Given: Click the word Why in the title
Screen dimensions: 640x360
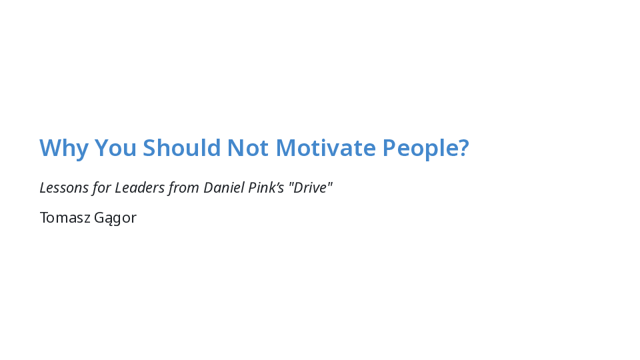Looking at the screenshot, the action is tap(64, 148).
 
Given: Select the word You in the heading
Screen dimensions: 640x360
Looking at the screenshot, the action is tap(115, 147).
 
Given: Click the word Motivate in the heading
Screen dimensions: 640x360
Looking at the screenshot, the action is tap(326, 147).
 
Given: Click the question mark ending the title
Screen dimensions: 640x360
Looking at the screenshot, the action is tap(464, 147).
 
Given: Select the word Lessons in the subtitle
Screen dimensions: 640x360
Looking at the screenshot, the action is tap(64, 188).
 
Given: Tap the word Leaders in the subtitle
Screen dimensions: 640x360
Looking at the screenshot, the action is tap(139, 188).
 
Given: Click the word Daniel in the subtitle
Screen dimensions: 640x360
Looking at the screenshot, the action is tap(224, 187).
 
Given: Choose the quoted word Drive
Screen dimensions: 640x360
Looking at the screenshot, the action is tap(311, 187).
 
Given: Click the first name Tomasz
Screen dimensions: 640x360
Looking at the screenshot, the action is tap(65, 217).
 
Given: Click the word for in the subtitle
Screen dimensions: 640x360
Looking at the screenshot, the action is tap(101, 188).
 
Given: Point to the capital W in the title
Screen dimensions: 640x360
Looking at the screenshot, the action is tap(50, 147).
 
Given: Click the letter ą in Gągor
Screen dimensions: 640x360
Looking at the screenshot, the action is tap(107, 219).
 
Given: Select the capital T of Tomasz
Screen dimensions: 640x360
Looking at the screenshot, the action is tap(44, 217).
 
